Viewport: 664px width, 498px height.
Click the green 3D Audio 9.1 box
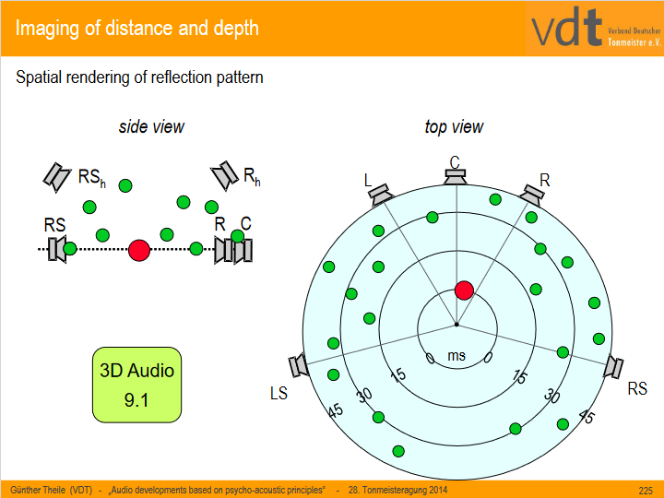[x=136, y=385]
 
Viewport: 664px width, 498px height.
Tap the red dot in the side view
[x=139, y=249]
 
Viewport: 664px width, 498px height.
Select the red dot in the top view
[x=464, y=290]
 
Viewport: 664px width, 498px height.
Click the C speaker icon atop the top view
[x=455, y=175]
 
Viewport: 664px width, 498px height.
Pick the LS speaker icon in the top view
[x=300, y=366]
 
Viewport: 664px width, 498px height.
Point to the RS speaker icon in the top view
[x=612, y=367]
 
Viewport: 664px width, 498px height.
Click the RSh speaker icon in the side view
[x=57, y=175]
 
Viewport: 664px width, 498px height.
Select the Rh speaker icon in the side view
[x=224, y=175]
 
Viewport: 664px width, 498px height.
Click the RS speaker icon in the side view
[x=57, y=248]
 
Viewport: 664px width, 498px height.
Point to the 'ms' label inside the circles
[x=456, y=355]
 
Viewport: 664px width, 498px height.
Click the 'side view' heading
[x=151, y=126]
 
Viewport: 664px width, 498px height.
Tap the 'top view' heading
[x=454, y=126]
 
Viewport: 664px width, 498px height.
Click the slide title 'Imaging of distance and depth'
[x=137, y=28]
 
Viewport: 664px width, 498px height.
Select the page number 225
[x=646, y=490]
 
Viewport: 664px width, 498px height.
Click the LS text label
[x=279, y=393]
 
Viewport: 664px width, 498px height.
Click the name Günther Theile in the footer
[x=39, y=490]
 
